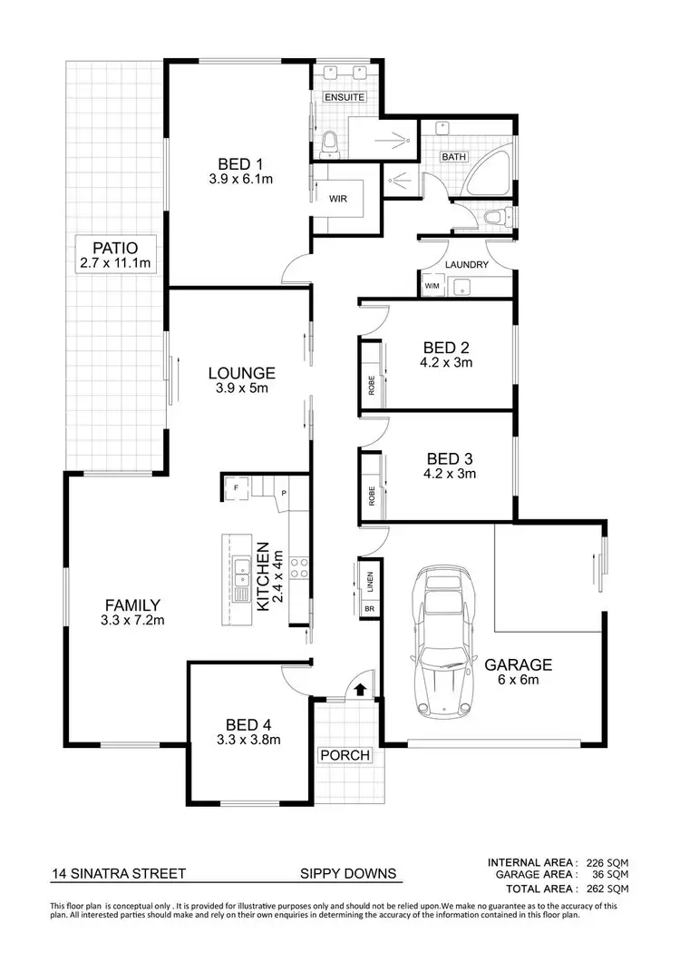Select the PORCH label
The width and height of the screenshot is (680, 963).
click(345, 755)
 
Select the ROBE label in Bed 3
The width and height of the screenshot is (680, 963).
click(372, 496)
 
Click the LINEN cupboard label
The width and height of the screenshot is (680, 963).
click(372, 577)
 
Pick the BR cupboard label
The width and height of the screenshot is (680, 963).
click(370, 608)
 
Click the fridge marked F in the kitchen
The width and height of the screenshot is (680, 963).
click(238, 488)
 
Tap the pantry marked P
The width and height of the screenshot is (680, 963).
click(284, 493)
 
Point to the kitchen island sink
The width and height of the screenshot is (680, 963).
click(242, 573)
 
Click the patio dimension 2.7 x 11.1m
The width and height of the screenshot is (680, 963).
click(114, 264)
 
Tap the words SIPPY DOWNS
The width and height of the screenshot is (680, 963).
click(349, 874)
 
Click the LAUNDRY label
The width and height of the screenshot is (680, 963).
click(467, 265)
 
